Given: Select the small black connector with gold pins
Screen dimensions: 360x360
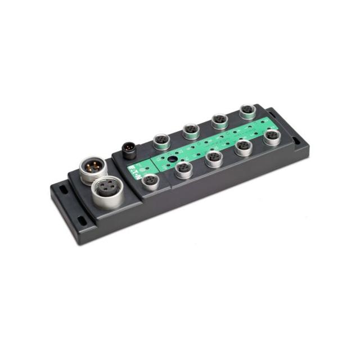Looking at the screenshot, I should pyautogui.click(x=130, y=150).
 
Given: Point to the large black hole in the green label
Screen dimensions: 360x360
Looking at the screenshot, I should pyautogui.click(x=164, y=159).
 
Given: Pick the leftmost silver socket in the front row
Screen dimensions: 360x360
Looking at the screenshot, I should pyautogui.click(x=150, y=181).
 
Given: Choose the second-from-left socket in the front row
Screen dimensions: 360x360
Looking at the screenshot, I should pyautogui.click(x=183, y=169).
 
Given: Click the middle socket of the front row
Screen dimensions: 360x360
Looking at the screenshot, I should pyautogui.click(x=214, y=157).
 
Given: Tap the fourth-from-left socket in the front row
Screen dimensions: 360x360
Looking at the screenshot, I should pyautogui.click(x=244, y=147).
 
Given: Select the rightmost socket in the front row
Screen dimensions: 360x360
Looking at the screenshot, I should pyautogui.click(x=272, y=137).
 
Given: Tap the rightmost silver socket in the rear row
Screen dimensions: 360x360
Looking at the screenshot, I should pyautogui.click(x=247, y=111).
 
